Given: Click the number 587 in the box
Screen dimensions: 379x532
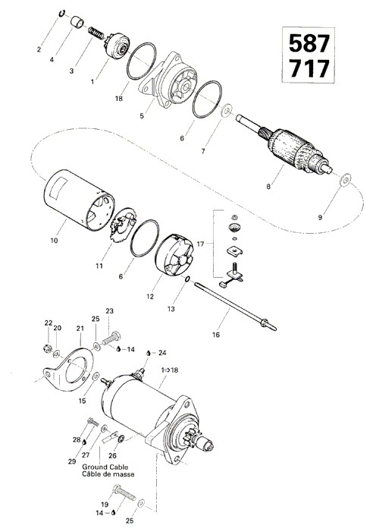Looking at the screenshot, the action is point(309,43).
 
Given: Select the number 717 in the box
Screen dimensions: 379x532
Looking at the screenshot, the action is point(309,68).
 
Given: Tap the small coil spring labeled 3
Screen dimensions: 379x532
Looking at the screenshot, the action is point(96,33).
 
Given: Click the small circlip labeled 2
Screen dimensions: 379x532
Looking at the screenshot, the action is point(62,13).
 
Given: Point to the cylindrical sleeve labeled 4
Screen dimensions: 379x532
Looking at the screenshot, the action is point(77,23).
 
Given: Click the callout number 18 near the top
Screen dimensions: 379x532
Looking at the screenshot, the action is point(119,99).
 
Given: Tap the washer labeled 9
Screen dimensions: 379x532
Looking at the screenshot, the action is point(346,180).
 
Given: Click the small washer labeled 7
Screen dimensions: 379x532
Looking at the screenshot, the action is point(227,111).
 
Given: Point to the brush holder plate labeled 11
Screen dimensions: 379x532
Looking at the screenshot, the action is point(123,225).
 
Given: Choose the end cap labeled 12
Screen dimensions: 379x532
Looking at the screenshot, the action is point(174,253).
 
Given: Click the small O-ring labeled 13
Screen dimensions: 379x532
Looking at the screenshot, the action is point(187,279).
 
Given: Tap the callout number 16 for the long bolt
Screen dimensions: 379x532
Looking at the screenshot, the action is point(216,335).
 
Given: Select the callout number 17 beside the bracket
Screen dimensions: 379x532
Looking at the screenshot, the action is point(200,244).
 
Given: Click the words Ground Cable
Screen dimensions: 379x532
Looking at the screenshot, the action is point(105,467).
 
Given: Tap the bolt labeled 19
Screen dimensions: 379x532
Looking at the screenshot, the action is point(124,493).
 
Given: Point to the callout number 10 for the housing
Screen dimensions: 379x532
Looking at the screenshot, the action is point(54,241).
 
